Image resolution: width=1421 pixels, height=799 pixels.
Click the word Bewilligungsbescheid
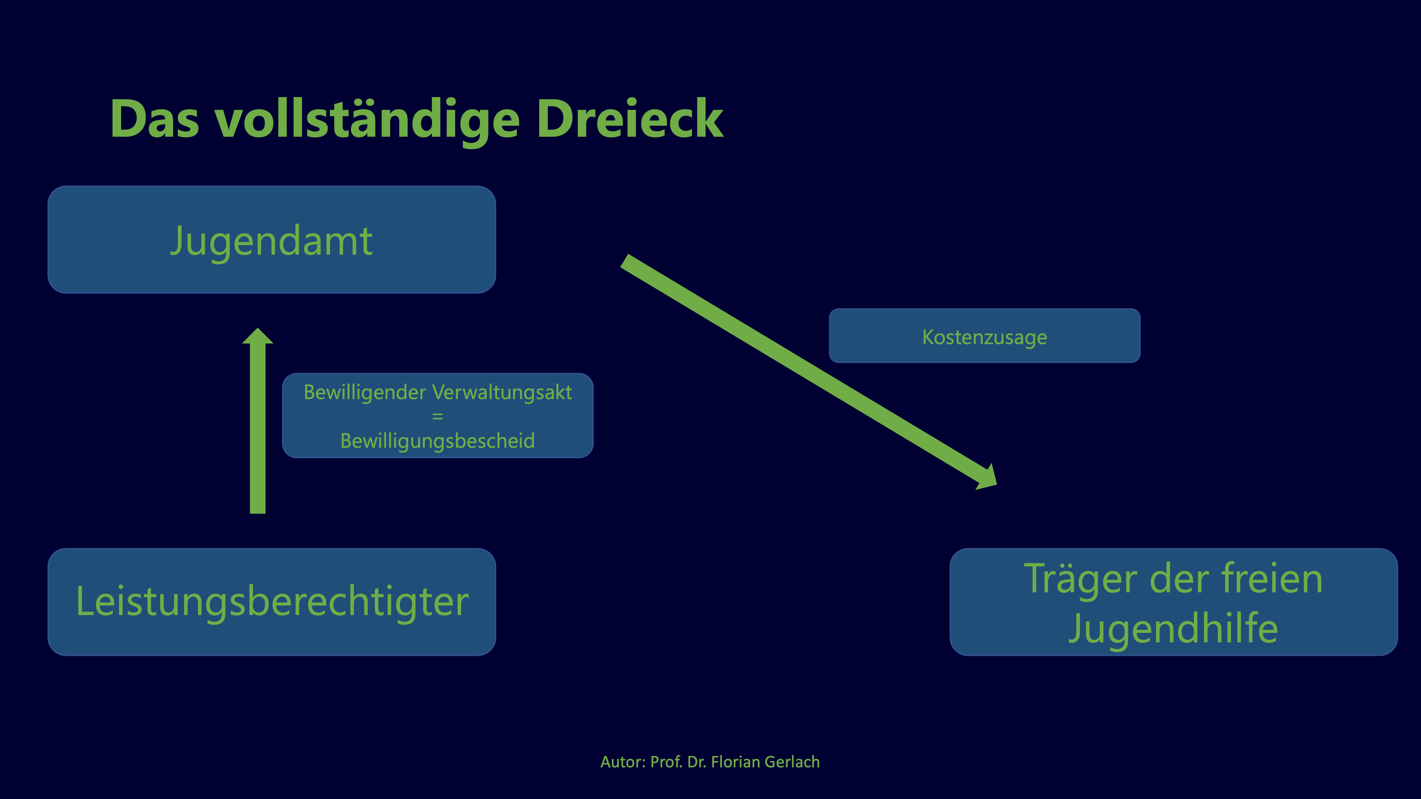pyautogui.click(x=437, y=441)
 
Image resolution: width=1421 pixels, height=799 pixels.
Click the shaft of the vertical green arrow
pyautogui.click(x=258, y=429)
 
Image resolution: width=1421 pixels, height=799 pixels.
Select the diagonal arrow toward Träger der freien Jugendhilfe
pyautogui.click(x=809, y=372)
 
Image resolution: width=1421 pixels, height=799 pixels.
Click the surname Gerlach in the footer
pyautogui.click(x=792, y=762)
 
